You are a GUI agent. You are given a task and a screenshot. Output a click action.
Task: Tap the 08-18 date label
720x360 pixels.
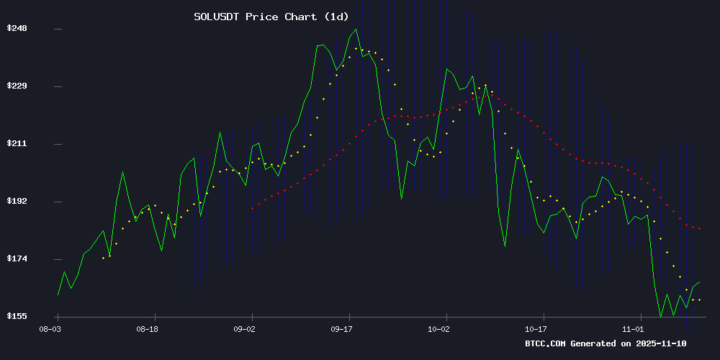[x=148, y=328]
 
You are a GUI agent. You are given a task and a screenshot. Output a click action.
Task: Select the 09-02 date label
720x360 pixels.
[x=245, y=328]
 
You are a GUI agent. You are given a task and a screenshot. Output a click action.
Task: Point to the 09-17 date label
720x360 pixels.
[x=342, y=328]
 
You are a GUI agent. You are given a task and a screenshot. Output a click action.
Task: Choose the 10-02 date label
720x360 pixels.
[x=439, y=328]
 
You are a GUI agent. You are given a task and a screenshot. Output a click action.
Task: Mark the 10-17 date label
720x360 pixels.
[x=536, y=328]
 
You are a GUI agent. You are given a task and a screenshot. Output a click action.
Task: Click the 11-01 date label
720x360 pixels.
[x=634, y=328]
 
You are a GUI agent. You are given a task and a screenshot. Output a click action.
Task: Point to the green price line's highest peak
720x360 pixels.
[x=355, y=30]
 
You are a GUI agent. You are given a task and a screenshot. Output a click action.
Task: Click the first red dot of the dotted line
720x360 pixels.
[x=252, y=208]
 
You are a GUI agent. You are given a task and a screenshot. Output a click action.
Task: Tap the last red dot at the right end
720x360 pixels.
[x=699, y=229]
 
